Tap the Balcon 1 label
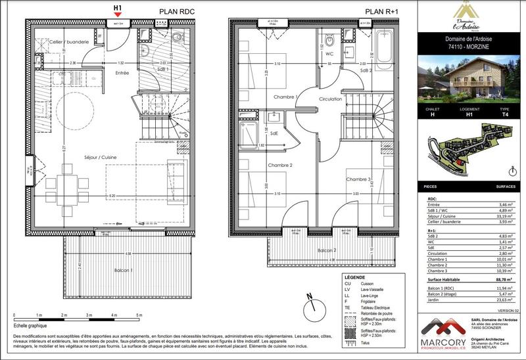click(x=123, y=270)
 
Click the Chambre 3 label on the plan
click(x=360, y=180)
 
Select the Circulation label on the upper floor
click(x=331, y=99)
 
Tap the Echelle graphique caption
click(x=32, y=326)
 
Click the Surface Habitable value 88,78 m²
click(x=503, y=279)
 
